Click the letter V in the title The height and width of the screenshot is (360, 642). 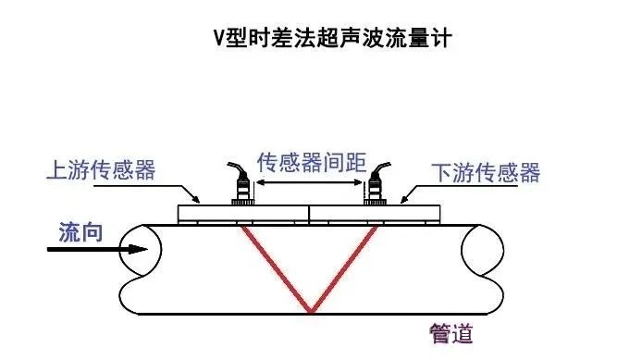click(218, 40)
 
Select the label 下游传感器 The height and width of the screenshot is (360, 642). click(486, 172)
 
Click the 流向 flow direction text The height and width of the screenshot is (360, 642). click(81, 231)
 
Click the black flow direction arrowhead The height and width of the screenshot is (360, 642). click(135, 249)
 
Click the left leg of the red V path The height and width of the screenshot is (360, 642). click(274, 268)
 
